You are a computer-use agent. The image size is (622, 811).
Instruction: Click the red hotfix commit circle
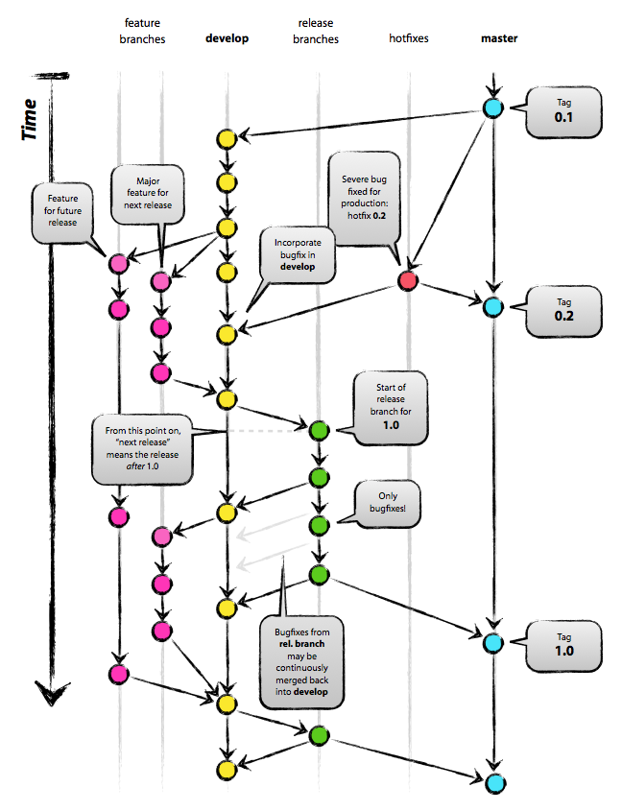(x=407, y=280)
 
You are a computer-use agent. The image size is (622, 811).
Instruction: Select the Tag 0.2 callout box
(x=563, y=308)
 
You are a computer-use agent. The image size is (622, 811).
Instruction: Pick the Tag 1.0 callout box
(x=563, y=643)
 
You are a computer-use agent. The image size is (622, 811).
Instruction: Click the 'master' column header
(x=499, y=38)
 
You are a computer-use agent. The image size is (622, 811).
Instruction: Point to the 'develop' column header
(x=227, y=38)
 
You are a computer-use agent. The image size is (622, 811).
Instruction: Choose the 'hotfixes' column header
(x=408, y=38)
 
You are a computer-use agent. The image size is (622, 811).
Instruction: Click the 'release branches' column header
(x=317, y=32)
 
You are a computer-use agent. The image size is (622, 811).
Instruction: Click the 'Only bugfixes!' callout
(x=386, y=504)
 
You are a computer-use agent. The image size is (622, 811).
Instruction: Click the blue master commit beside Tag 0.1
(x=493, y=108)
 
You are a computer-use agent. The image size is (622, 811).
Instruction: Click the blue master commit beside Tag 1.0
(x=493, y=642)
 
